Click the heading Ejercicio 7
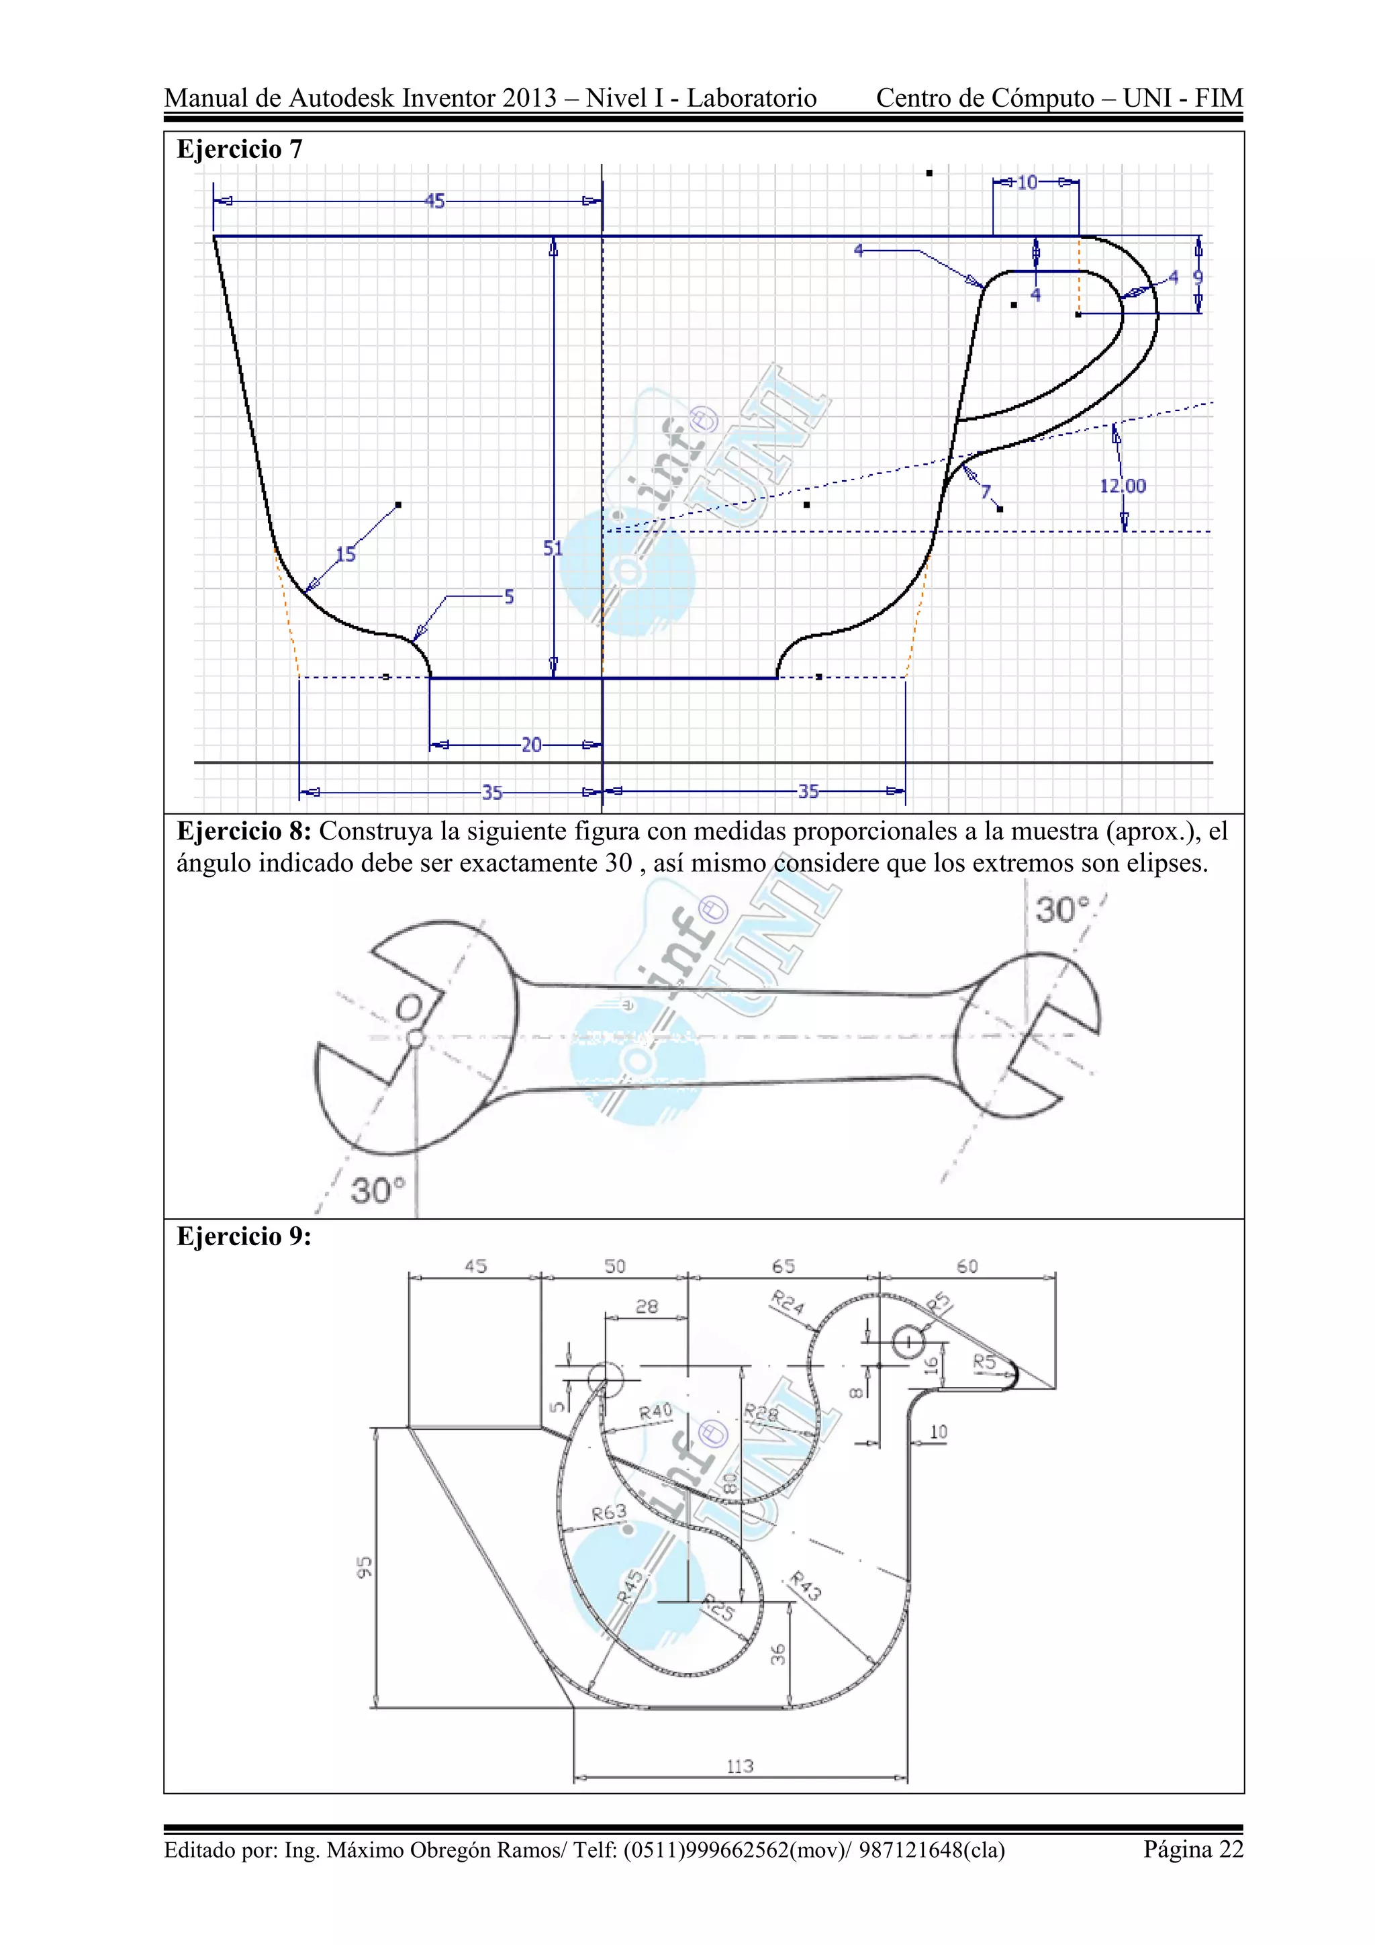coord(239,149)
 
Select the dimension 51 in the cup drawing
coord(553,548)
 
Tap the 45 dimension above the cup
coord(434,201)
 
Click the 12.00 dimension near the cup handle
coord(1123,486)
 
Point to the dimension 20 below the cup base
coord(531,745)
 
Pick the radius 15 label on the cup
coord(346,555)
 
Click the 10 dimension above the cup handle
coord(1027,182)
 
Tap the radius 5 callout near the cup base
coord(509,597)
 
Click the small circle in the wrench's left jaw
coord(415,1038)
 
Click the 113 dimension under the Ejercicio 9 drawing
coord(740,1766)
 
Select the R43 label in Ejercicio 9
coord(805,1586)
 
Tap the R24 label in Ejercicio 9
coord(788,1302)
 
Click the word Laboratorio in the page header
coord(751,98)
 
